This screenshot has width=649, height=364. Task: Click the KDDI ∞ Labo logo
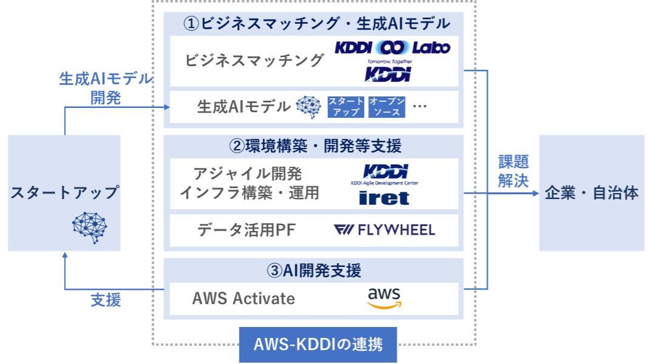pos(392,47)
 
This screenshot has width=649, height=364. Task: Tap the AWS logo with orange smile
pos(384,298)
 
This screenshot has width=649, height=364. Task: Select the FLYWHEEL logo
pos(385,230)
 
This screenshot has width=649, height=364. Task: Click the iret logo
pos(384,198)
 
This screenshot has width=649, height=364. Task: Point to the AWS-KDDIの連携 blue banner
pos(318,345)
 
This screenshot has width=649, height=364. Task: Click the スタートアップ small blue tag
pos(346,107)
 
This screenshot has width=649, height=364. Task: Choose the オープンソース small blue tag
pos(386,107)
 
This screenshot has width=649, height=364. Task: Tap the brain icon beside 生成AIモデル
pos(308,107)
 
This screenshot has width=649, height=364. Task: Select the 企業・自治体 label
pos(591,194)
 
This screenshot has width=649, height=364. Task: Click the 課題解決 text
pos(513,171)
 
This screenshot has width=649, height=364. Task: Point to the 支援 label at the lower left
pos(106,300)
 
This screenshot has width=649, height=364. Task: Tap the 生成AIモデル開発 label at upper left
pos(106,89)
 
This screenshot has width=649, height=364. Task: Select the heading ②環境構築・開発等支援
pos(315,146)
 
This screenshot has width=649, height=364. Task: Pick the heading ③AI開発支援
pos(314,270)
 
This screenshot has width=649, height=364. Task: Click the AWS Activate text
pos(243,298)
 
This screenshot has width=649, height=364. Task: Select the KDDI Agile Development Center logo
pos(385,174)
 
